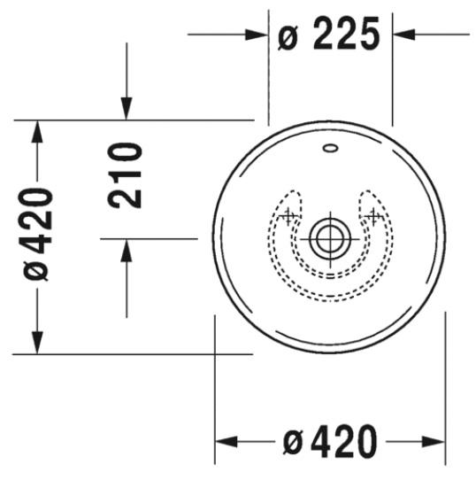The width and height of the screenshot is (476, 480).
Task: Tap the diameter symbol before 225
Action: click(x=288, y=37)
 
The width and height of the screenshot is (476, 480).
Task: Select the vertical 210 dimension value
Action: click(x=127, y=174)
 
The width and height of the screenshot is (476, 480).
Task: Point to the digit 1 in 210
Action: click(x=127, y=174)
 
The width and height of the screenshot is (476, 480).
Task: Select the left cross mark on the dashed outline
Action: click(x=288, y=213)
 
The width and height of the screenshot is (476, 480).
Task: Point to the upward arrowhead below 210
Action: click(x=127, y=250)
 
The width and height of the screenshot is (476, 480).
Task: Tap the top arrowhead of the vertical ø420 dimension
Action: click(x=36, y=131)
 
